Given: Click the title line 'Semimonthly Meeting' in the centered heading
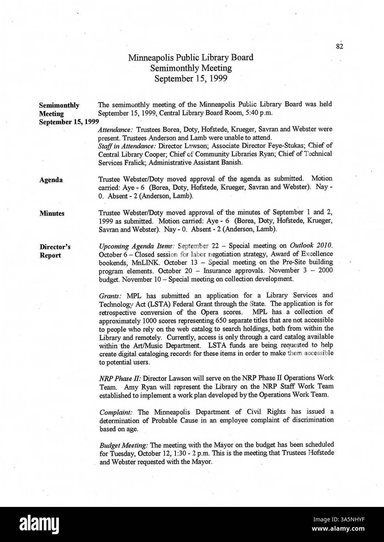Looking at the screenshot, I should (191, 68).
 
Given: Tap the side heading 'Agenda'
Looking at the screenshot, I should (51, 180).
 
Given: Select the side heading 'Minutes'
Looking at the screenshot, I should (52, 213).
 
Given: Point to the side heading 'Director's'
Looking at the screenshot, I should (55, 247).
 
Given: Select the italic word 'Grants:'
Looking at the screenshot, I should (110, 296).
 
